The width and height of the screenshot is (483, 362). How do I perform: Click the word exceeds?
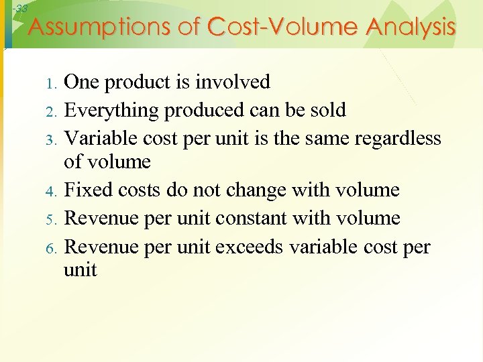pos(248,246)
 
